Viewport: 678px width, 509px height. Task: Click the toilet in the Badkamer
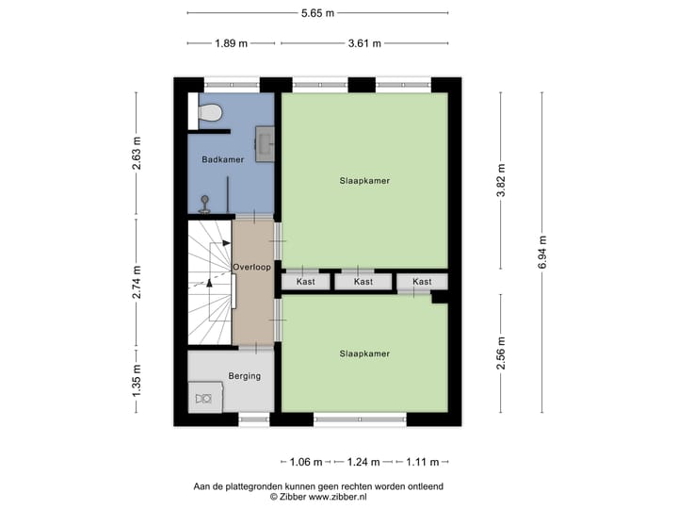pos(212,112)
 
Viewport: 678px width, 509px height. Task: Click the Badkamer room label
pos(222,160)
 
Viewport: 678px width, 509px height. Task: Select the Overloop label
pos(252,268)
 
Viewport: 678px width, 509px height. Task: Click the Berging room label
pos(244,376)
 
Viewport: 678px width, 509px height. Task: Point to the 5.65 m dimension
pos(317,13)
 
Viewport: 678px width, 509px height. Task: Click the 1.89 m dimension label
pos(231,43)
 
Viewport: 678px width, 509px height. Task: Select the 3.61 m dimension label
pos(363,43)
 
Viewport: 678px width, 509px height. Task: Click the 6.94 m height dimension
pos(542,252)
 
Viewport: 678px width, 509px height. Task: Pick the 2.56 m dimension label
pos(501,353)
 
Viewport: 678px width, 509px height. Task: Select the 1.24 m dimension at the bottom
pos(363,462)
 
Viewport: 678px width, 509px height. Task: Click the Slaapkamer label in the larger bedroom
pos(365,180)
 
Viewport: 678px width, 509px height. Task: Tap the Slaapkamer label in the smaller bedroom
pos(364,353)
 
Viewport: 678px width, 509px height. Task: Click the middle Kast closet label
pos(363,282)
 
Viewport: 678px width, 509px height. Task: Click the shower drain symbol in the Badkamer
pos(205,200)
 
